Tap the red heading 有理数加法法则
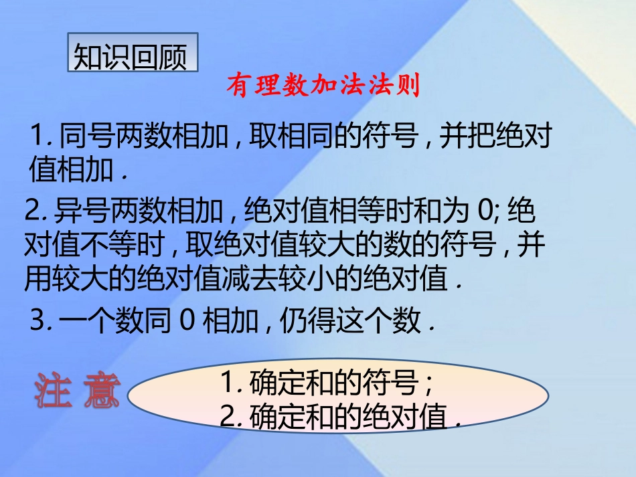tap(323, 86)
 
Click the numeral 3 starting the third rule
tap(38, 322)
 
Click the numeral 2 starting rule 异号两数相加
tap(31, 213)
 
